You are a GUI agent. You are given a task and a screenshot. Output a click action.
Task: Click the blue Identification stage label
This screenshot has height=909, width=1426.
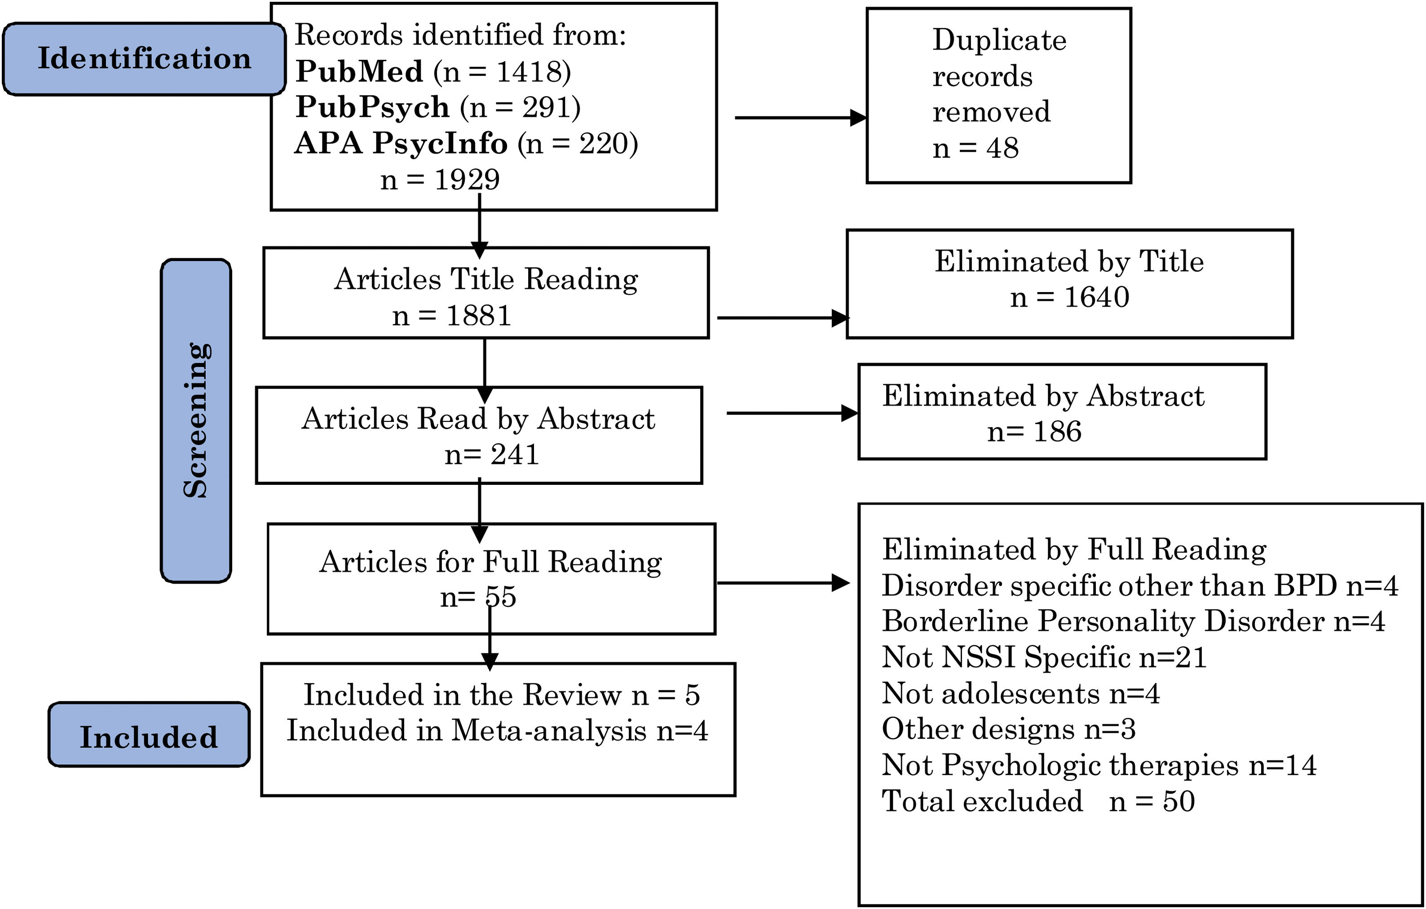[x=144, y=59]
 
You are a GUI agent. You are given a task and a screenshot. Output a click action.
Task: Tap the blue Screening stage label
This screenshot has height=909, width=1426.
[x=196, y=421]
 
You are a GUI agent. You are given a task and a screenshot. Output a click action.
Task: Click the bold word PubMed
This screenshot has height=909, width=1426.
[x=359, y=72]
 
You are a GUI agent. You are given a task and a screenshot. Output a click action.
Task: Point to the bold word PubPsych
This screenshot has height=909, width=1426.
[x=372, y=107]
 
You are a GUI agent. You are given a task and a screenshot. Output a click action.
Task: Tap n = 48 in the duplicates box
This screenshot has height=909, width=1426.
[x=976, y=147]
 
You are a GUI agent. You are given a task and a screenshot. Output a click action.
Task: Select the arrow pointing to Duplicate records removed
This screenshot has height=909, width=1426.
[x=800, y=118]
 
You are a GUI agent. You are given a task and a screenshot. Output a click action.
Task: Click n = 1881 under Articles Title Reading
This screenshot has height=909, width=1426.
[x=451, y=315]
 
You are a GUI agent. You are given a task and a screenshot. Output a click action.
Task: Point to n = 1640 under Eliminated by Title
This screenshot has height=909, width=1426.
[x=1069, y=297]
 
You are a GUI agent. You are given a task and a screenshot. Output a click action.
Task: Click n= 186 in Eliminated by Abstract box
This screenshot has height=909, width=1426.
[x=1034, y=431]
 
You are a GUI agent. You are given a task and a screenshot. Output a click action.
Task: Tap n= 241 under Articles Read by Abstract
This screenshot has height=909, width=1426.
[x=491, y=455]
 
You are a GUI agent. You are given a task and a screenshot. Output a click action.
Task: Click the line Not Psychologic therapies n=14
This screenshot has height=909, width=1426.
[x=1099, y=765]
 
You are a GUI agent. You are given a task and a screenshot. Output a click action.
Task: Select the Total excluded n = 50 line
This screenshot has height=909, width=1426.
[x=1038, y=801]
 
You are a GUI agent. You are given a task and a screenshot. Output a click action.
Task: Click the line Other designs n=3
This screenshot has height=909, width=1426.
[x=1008, y=729]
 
